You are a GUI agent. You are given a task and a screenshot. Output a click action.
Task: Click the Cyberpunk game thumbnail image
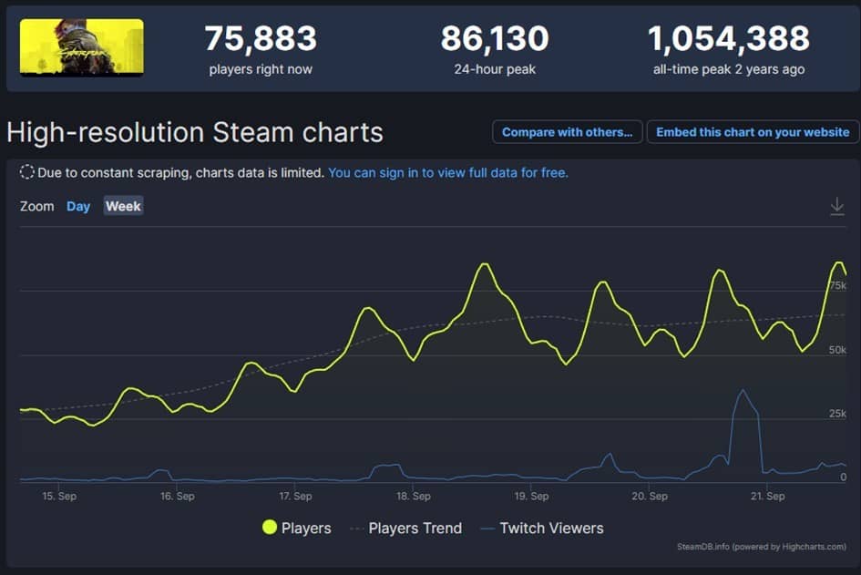(81, 47)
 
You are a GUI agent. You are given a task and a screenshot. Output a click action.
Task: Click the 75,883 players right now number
(260, 38)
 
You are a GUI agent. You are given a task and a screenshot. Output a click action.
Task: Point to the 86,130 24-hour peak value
(494, 38)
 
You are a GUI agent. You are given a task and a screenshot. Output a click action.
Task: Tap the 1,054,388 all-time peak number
(728, 38)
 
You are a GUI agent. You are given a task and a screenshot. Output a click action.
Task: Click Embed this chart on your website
(753, 132)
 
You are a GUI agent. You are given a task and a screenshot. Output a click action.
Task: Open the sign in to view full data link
(447, 172)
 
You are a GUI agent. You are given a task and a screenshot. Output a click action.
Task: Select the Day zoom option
(78, 206)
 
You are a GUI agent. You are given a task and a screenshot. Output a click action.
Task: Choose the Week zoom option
(123, 206)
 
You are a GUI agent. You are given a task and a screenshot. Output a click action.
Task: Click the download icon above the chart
(837, 207)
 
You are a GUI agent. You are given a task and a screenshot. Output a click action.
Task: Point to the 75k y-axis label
(837, 286)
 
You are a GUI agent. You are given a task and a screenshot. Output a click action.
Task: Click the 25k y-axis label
(837, 414)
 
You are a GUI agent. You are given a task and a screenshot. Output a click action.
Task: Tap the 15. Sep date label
(59, 497)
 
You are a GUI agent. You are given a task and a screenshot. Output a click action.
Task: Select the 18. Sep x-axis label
(414, 497)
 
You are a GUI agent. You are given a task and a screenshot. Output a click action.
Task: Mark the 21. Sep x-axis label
(767, 497)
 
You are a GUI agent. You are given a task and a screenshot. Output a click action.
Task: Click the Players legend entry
(297, 528)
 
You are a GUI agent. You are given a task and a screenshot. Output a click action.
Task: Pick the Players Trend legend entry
(406, 528)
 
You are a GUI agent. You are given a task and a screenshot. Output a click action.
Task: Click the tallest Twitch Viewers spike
(743, 391)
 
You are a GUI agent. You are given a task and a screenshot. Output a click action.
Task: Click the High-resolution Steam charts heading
(195, 132)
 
